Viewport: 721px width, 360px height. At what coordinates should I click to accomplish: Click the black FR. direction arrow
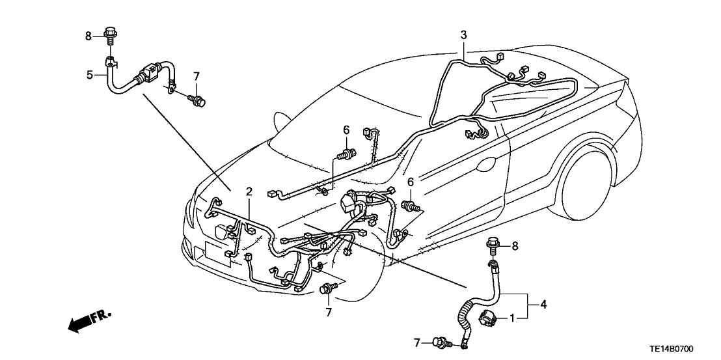tap(88, 320)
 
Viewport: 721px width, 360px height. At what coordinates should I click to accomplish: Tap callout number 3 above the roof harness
tap(463, 35)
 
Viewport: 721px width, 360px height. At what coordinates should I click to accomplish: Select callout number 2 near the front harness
tap(249, 191)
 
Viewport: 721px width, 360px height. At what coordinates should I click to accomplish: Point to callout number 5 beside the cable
tap(90, 75)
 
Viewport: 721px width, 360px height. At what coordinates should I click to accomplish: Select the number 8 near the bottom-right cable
tap(515, 246)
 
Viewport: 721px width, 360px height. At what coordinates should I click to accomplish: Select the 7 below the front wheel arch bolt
tap(329, 312)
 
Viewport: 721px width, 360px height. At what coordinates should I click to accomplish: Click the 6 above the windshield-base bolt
tap(347, 131)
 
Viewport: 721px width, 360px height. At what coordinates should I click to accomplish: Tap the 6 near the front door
tap(410, 183)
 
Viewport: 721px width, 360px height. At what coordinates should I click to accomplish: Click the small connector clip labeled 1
tap(488, 320)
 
